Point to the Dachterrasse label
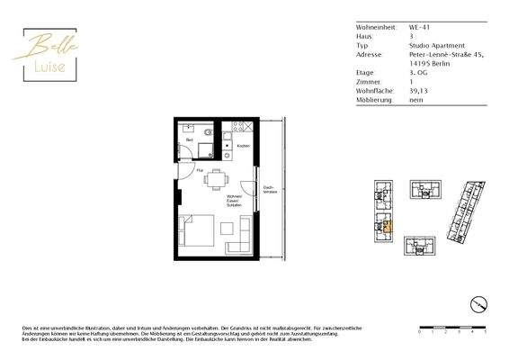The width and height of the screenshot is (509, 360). click(x=268, y=191)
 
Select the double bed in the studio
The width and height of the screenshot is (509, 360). click(x=197, y=232)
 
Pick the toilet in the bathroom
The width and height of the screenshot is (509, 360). click(x=208, y=132)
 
